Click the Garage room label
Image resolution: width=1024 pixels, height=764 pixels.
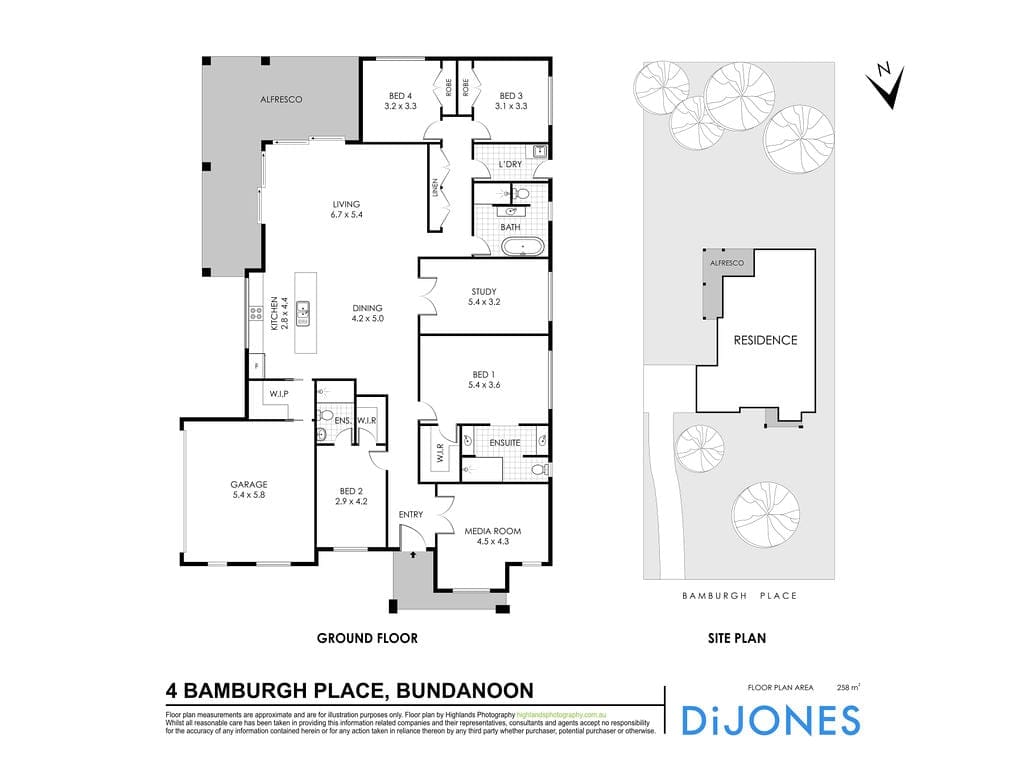tap(250, 490)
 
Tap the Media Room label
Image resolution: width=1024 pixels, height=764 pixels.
tap(493, 536)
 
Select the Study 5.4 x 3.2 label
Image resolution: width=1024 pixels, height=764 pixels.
tap(484, 297)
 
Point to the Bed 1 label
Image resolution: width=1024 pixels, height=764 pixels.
tap(484, 377)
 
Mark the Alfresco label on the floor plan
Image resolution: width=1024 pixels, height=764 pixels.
tap(281, 100)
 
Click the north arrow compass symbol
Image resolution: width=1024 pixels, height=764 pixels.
tap(884, 85)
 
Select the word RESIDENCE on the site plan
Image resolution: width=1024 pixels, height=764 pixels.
tap(765, 340)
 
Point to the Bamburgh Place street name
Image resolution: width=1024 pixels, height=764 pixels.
tap(739, 596)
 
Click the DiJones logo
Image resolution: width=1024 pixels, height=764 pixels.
tap(769, 720)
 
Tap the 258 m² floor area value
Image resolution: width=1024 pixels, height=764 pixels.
tap(849, 687)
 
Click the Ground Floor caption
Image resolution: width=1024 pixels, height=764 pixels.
tap(367, 638)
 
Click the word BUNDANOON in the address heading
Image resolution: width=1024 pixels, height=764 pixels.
tap(466, 691)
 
